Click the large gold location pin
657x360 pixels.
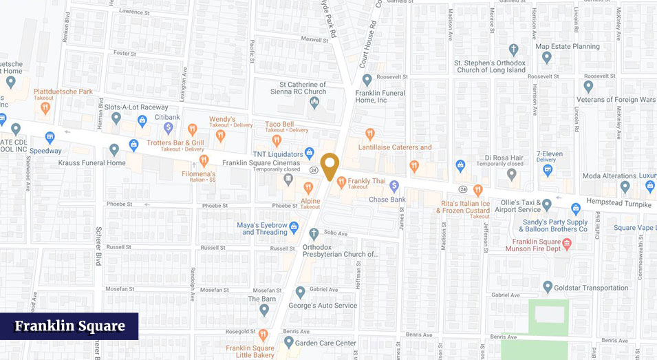(330, 165)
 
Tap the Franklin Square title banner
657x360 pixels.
(69, 326)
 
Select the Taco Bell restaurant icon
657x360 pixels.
(277, 140)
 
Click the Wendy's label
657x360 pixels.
(222, 119)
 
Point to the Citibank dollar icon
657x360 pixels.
(168, 127)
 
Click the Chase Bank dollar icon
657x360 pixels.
(394, 185)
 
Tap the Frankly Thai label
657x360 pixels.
(367, 182)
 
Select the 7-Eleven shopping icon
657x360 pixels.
(548, 170)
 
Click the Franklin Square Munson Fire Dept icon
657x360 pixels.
(567, 243)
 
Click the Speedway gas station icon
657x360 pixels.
(50, 137)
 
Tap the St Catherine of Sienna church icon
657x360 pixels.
(314, 103)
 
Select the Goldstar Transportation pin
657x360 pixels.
(548, 287)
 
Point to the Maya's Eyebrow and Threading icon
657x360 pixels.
(294, 226)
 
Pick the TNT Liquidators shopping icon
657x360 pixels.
(310, 153)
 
